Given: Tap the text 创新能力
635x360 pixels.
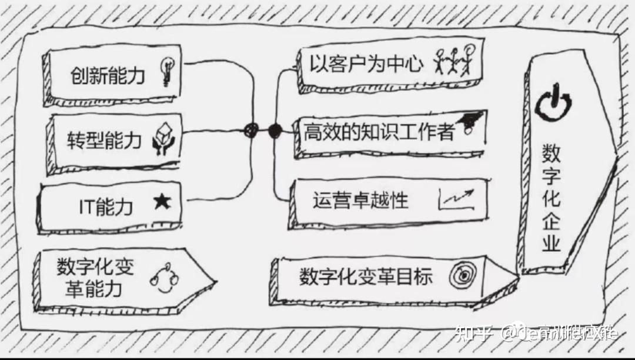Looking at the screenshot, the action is [108, 76].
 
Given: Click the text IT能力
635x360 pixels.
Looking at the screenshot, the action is [106, 206].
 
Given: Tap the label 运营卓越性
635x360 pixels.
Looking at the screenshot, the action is [360, 201].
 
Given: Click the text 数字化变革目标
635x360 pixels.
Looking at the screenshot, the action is [366, 276].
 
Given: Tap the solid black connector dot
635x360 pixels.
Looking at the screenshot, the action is [275, 131].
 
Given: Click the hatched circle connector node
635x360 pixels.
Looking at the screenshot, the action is [252, 130].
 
